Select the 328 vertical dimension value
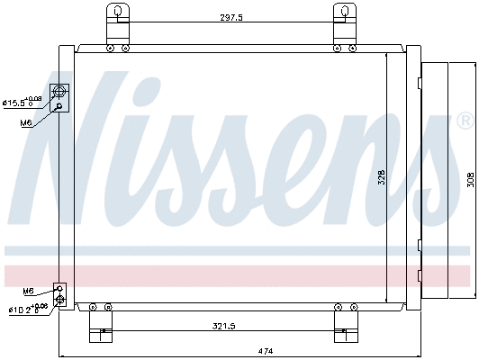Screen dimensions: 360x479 (381, 178)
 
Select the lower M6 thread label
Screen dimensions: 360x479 (29, 291)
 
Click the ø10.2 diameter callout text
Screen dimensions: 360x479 (25, 310)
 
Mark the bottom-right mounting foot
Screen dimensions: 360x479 (342, 323)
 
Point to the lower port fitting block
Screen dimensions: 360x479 (60, 295)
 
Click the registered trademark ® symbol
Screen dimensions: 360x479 (465, 121)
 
